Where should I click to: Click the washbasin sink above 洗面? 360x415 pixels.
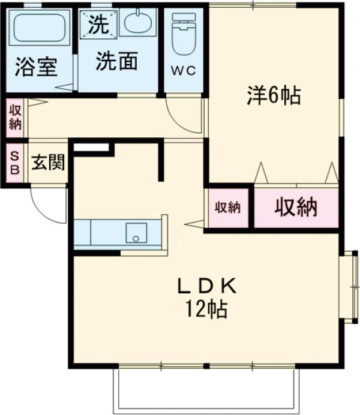[x=138, y=23]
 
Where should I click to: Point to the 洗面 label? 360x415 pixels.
[x=118, y=61]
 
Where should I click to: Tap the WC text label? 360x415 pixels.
[x=184, y=71]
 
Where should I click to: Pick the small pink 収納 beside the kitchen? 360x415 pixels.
[x=227, y=207]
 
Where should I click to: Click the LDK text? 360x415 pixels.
[x=207, y=286]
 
